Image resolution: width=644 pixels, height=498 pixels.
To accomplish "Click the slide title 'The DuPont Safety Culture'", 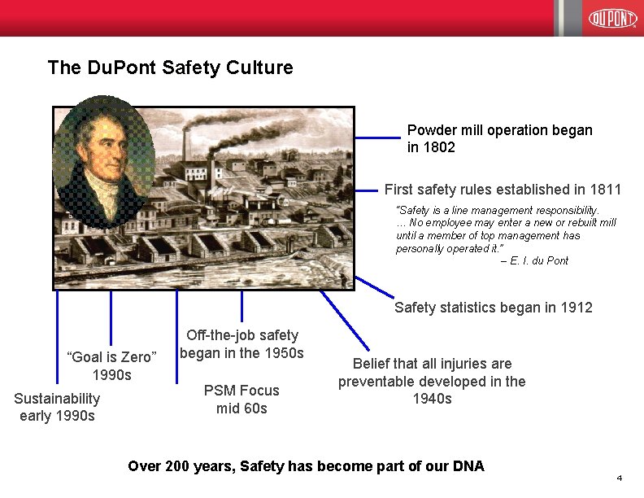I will (170, 68).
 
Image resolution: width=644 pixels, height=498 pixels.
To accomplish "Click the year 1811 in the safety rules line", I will (605, 190).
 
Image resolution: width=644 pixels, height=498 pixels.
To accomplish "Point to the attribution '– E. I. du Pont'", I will (534, 260).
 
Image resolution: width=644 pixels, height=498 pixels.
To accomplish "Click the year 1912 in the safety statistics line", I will (576, 308).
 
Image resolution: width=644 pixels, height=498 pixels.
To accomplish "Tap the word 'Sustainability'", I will (57, 398).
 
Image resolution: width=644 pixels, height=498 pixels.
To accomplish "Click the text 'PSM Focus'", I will (241, 391).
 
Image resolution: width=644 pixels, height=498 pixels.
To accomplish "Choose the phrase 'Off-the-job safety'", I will (241, 335).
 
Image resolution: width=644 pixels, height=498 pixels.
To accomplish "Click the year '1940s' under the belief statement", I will (432, 399).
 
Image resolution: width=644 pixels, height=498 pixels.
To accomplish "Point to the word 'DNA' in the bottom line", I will (468, 466).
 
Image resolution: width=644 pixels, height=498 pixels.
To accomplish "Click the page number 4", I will (619, 477).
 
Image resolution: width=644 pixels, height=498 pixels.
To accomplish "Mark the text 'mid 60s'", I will (241, 408).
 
